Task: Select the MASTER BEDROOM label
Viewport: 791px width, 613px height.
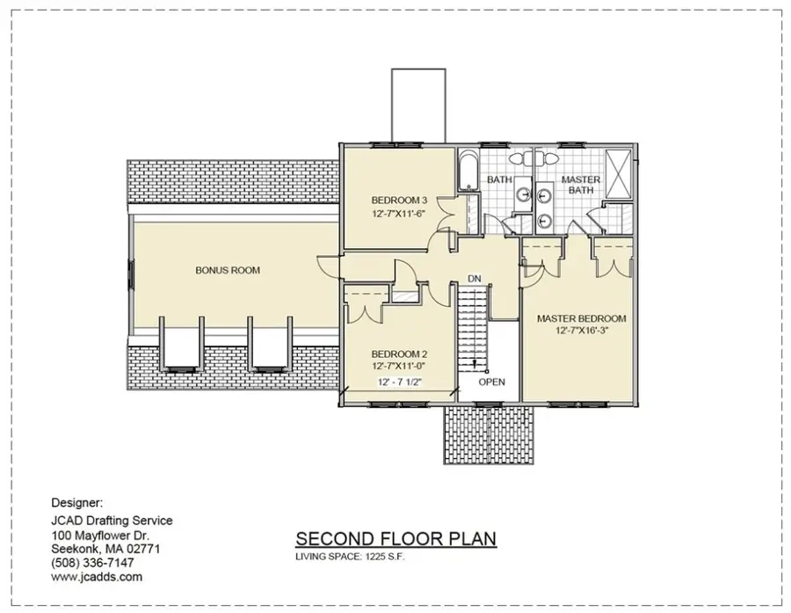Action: pyautogui.click(x=581, y=318)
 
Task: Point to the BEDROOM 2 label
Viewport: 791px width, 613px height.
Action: pyautogui.click(x=399, y=354)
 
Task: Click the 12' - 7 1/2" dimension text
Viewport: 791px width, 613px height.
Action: pyautogui.click(x=399, y=383)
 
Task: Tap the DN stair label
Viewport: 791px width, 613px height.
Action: pyautogui.click(x=475, y=279)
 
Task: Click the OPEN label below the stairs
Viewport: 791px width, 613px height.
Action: pyautogui.click(x=492, y=383)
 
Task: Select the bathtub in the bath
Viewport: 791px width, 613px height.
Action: pyautogui.click(x=468, y=170)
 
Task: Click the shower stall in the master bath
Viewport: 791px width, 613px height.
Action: pyautogui.click(x=618, y=174)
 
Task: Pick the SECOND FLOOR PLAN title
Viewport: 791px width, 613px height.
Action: pyautogui.click(x=396, y=539)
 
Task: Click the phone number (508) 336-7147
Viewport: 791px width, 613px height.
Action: pyautogui.click(x=93, y=563)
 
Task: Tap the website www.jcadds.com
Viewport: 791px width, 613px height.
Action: pyautogui.click(x=97, y=577)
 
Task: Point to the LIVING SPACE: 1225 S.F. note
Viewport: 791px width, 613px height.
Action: pyautogui.click(x=350, y=557)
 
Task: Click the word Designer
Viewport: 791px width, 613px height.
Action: pyautogui.click(x=77, y=503)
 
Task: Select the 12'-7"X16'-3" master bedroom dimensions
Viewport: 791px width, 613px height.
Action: pyautogui.click(x=581, y=331)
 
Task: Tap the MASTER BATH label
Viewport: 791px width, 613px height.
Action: pyautogui.click(x=581, y=185)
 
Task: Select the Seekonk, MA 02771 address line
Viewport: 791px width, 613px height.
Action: pyautogui.click(x=106, y=549)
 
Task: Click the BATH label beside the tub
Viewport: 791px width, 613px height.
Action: pyautogui.click(x=499, y=179)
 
